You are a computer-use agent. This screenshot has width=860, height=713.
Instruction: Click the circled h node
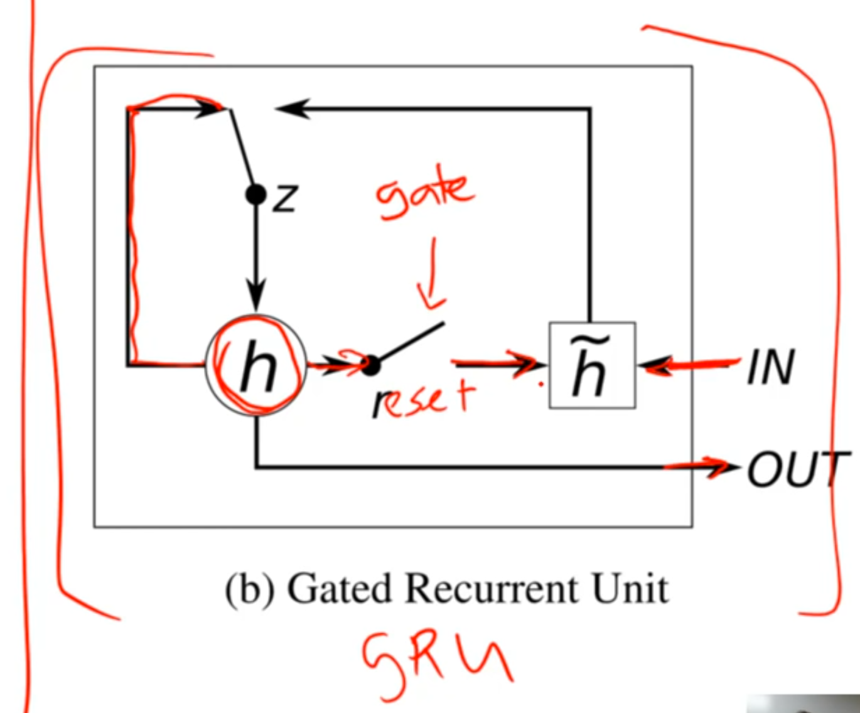[256, 365]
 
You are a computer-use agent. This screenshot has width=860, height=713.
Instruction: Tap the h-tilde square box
[592, 365]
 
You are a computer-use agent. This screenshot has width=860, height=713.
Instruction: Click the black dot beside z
[255, 195]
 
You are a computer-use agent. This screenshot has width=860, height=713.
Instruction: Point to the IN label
[771, 367]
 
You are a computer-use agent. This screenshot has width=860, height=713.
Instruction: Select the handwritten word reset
[424, 400]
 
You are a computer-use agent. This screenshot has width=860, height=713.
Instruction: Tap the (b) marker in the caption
[250, 590]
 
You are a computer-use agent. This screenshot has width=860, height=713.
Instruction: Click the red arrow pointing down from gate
[431, 276]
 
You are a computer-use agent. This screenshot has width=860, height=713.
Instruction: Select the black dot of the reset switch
[371, 365]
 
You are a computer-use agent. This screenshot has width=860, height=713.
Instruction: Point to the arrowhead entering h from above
[255, 298]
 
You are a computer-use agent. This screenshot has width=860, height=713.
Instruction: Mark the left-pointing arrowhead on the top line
[292, 109]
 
